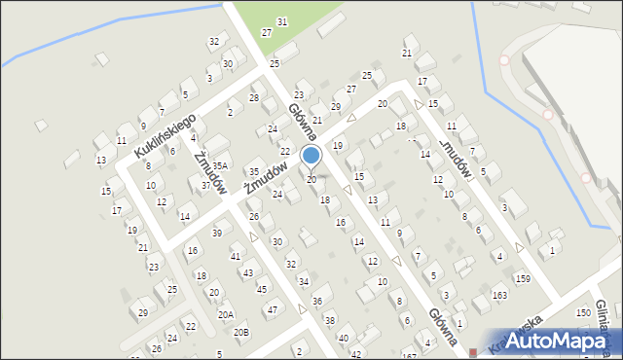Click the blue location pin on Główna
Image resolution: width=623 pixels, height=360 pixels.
[x=311, y=156]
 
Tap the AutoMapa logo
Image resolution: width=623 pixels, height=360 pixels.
[x=553, y=342]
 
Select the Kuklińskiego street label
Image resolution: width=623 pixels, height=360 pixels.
[x=165, y=135]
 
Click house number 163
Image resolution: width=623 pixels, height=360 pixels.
[x=499, y=295]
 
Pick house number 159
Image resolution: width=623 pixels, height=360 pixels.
[x=523, y=279]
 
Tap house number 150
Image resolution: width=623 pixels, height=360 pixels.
[x=582, y=312]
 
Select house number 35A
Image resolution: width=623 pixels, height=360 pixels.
[x=221, y=166]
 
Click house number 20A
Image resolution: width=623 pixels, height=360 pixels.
[x=225, y=314]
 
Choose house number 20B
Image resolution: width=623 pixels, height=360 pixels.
[x=239, y=332]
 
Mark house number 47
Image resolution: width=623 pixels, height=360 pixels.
[x=272, y=309]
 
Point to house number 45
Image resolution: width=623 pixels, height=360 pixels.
[x=261, y=289]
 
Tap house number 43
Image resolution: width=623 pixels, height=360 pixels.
[x=248, y=272]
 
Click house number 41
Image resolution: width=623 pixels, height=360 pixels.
[x=236, y=256]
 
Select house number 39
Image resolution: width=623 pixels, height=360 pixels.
[x=217, y=233]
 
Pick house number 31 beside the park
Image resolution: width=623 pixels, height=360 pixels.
[x=281, y=21]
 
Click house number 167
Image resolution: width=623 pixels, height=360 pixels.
[x=409, y=356]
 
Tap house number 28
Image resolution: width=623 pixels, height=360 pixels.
[x=254, y=97]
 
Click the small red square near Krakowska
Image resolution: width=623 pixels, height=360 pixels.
[x=473, y=352]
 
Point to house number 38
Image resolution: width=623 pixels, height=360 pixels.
[x=330, y=321]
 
